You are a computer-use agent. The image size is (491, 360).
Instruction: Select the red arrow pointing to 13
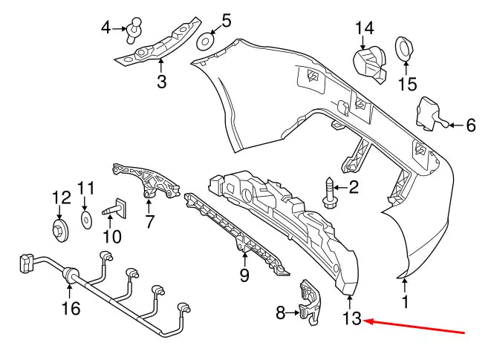point(416,327)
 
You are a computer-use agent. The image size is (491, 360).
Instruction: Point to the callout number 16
point(71,308)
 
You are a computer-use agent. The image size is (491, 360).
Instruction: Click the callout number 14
point(364,28)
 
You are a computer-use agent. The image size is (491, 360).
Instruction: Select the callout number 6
point(470,125)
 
